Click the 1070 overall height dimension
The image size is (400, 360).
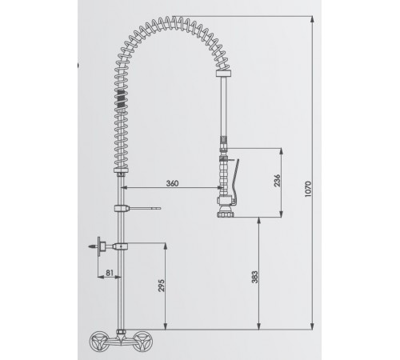(x=308, y=189)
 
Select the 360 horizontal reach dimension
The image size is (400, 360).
(x=172, y=183)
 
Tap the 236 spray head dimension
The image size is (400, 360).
(x=278, y=181)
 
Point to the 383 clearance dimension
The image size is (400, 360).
(x=255, y=277)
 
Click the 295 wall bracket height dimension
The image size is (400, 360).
(x=162, y=285)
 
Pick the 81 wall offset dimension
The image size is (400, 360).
(x=110, y=273)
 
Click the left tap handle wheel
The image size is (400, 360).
(x=98, y=341)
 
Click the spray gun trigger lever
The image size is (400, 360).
(x=234, y=182)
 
